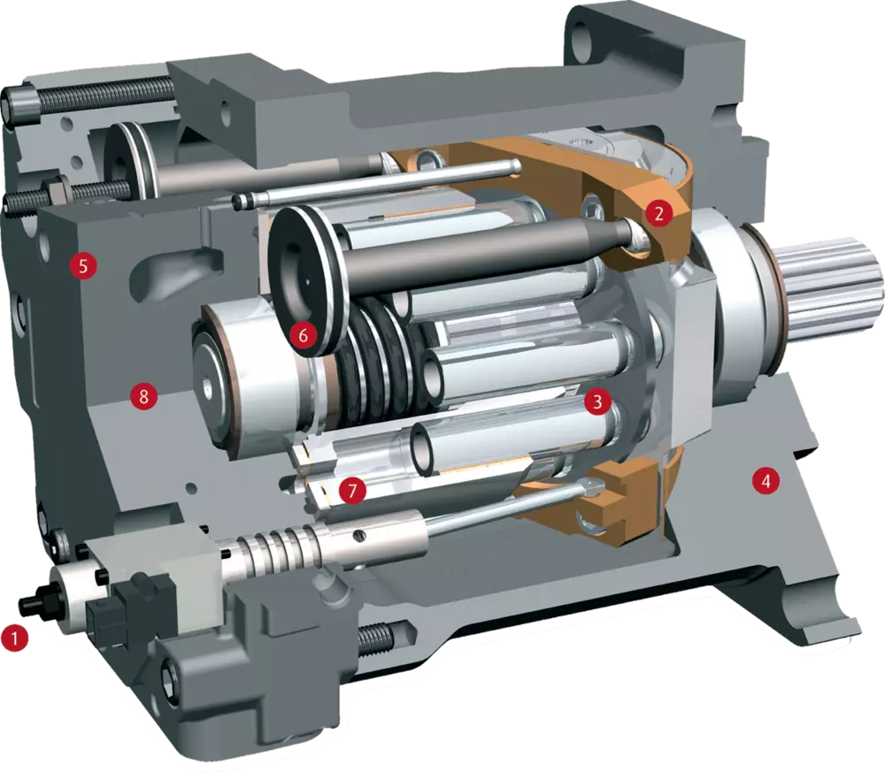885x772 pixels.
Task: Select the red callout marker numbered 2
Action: point(659,213)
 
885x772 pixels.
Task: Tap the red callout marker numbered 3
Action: point(597,401)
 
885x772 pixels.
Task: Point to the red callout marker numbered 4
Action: point(766,481)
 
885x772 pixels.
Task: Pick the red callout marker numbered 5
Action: point(83,265)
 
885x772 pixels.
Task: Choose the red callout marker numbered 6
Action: point(304,335)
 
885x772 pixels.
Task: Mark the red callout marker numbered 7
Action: point(352,491)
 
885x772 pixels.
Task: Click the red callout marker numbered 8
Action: point(143,396)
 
